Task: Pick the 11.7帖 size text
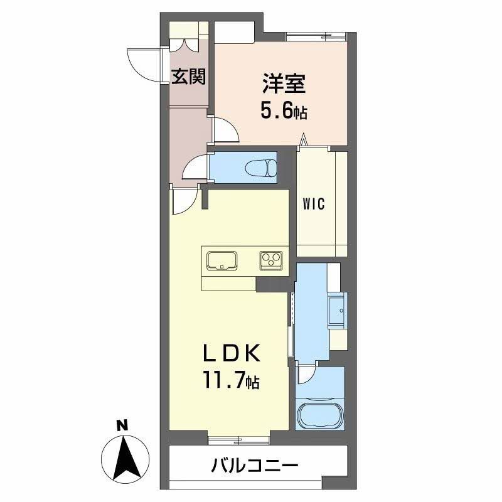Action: pyautogui.click(x=231, y=380)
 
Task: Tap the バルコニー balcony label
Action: pyautogui.click(x=254, y=466)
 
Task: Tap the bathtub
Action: pyautogui.click(x=320, y=415)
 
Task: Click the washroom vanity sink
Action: pyautogui.click(x=338, y=309)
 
